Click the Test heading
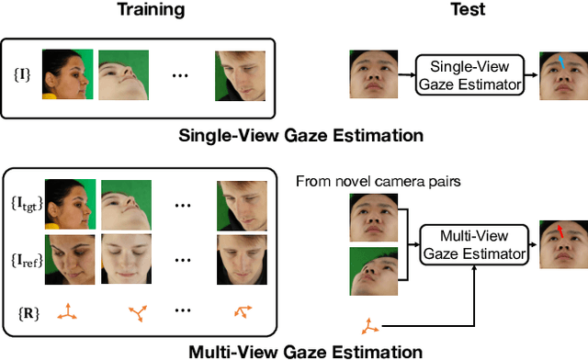click(468, 11)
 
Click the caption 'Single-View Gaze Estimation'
click(301, 136)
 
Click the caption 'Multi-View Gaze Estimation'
click(304, 351)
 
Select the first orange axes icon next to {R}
click(67, 314)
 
